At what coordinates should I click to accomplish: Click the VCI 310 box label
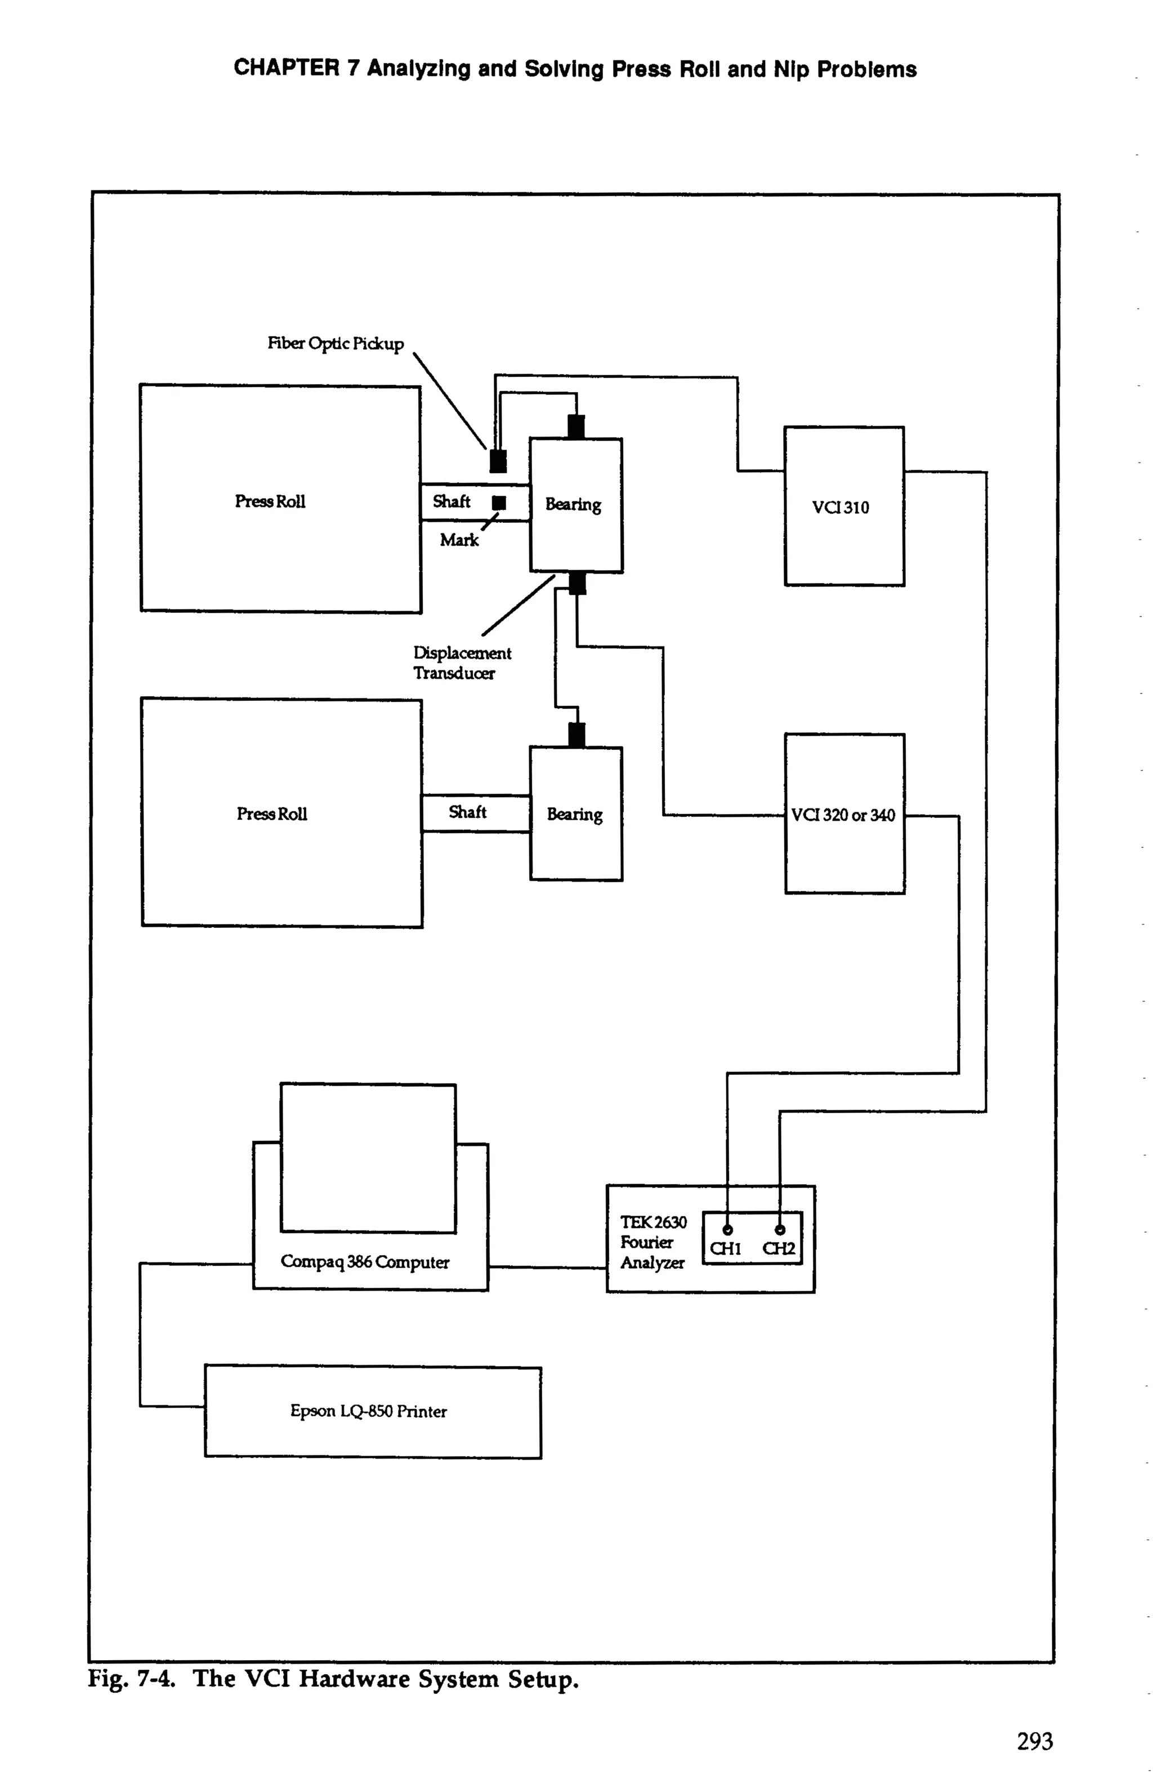point(840,508)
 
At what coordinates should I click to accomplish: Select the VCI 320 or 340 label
point(843,815)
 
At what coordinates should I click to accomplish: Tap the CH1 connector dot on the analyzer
point(727,1229)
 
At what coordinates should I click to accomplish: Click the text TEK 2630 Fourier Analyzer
point(652,1242)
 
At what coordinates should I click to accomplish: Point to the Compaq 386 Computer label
point(365,1262)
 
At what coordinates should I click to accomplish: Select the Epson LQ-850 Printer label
point(368,1411)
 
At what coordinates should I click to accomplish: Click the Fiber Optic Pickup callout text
point(336,344)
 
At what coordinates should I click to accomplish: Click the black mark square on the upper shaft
point(499,502)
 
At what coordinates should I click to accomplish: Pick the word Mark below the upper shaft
point(459,540)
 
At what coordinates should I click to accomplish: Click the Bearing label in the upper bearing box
point(573,504)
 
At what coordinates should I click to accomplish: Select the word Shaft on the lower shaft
point(467,812)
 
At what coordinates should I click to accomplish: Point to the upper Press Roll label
point(270,501)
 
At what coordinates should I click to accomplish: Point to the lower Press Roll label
point(272,813)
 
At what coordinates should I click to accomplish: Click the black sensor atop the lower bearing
point(576,734)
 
